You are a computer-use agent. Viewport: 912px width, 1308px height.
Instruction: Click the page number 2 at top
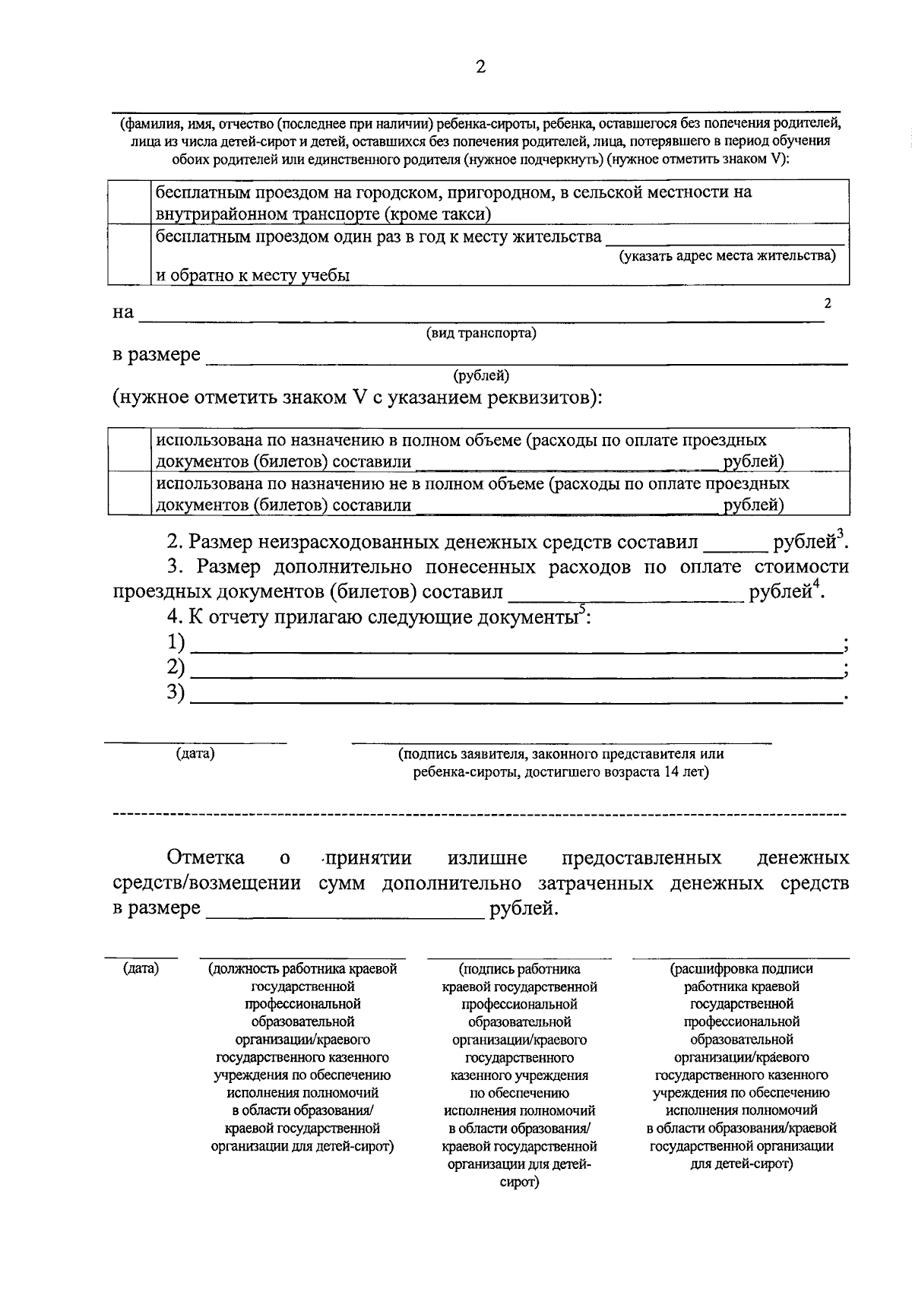point(480,67)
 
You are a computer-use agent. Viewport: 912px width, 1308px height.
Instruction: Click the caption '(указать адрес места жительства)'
point(727,255)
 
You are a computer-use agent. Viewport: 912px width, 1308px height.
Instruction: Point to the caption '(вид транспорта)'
point(480,333)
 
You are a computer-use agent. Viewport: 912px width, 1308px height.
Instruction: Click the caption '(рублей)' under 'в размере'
point(481,375)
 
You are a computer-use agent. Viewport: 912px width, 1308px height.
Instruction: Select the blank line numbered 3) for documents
point(517,696)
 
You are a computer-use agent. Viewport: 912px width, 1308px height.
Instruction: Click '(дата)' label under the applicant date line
point(195,753)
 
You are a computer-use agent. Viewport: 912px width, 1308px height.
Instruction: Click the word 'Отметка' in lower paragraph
point(205,858)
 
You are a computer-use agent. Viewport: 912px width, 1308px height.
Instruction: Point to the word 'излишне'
point(487,858)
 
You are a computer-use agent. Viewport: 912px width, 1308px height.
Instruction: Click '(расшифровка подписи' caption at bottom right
point(741,969)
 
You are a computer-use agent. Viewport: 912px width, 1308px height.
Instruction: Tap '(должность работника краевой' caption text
point(302,969)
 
